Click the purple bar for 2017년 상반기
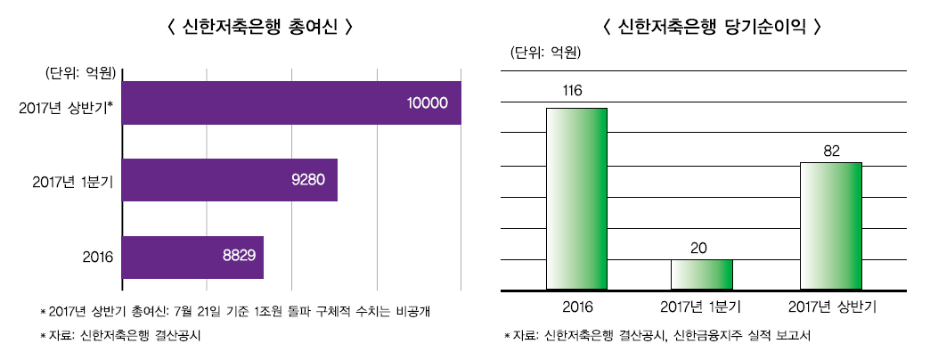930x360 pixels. [x=290, y=103]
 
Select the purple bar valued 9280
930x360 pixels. [x=229, y=180]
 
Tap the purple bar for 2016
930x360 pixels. [x=192, y=257]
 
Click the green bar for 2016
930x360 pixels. [x=576, y=199]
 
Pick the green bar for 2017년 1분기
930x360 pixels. [x=701, y=274]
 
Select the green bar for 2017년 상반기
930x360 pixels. [x=831, y=226]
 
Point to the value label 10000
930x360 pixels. [x=427, y=103]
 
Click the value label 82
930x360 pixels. [x=831, y=150]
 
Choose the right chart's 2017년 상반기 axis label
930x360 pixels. [x=833, y=307]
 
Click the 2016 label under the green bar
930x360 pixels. [x=577, y=307]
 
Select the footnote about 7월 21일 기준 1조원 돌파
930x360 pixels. [x=239, y=311]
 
